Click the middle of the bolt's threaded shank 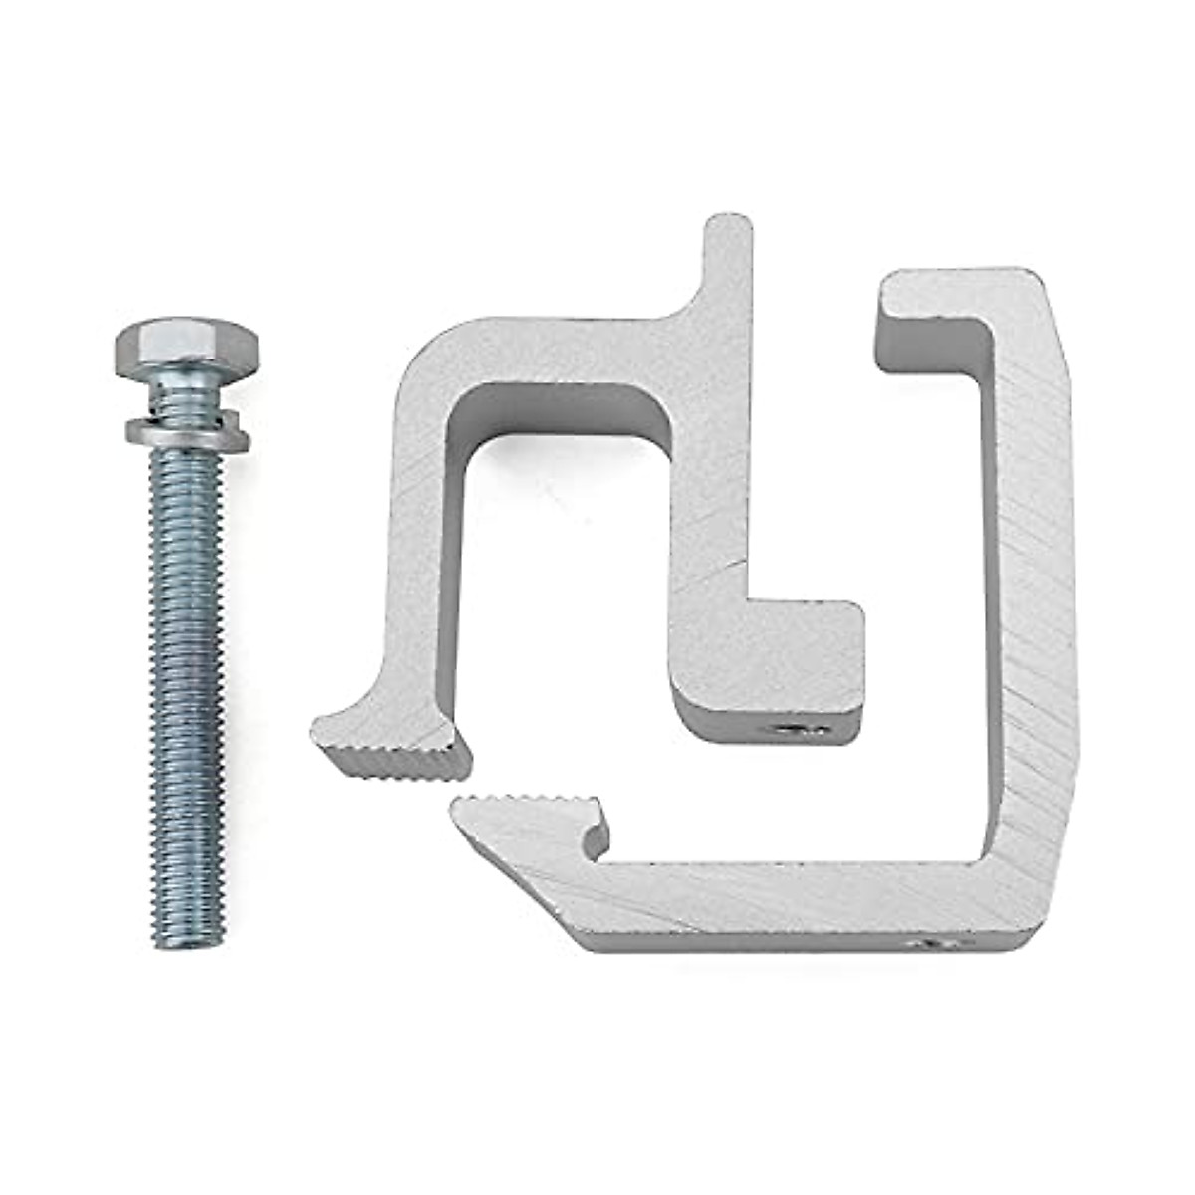point(187,677)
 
